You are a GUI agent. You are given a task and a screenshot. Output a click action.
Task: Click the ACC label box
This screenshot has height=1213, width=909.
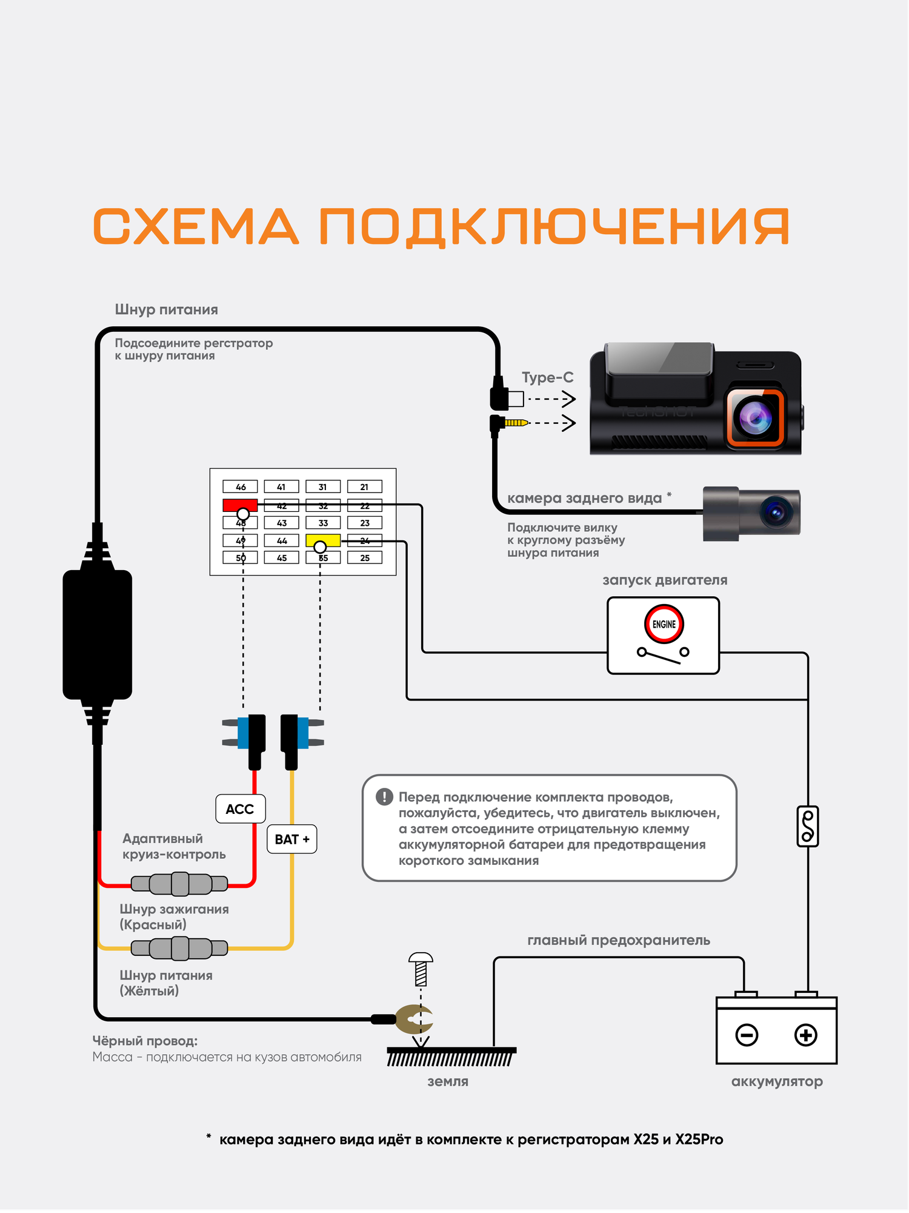click(x=240, y=809)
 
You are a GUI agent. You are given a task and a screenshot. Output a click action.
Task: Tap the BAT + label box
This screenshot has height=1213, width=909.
click(x=291, y=839)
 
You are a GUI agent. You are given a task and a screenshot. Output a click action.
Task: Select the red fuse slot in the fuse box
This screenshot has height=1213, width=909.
click(x=239, y=505)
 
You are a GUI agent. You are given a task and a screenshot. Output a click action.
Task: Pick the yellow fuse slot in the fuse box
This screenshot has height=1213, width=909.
click(x=323, y=540)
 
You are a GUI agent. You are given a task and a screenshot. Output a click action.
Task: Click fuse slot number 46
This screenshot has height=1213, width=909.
click(x=240, y=486)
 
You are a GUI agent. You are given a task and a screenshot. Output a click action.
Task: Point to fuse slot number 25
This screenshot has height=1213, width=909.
click(x=365, y=557)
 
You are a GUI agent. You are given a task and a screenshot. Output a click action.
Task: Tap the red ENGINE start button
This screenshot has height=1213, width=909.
click(x=664, y=624)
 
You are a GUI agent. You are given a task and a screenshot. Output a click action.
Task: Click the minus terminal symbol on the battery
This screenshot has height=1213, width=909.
click(x=746, y=1035)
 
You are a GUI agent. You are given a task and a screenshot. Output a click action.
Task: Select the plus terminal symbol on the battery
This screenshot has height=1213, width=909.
click(x=805, y=1035)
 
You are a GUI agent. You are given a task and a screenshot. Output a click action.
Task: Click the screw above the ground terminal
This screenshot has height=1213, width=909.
click(x=421, y=969)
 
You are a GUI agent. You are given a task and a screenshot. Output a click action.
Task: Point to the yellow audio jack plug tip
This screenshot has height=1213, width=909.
click(x=517, y=423)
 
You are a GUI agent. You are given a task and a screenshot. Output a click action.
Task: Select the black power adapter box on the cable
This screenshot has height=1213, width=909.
click(x=98, y=634)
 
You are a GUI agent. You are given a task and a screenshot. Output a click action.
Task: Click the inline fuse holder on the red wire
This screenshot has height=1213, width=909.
click(x=180, y=884)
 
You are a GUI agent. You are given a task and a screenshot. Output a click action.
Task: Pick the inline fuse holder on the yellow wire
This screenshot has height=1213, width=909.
click(x=180, y=948)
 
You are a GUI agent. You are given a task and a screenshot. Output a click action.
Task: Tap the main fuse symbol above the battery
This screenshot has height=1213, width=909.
click(x=807, y=826)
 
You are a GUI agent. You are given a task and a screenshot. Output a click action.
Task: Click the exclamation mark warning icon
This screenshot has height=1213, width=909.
click(x=384, y=797)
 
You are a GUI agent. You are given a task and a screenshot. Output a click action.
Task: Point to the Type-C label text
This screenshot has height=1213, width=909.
click(x=547, y=377)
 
